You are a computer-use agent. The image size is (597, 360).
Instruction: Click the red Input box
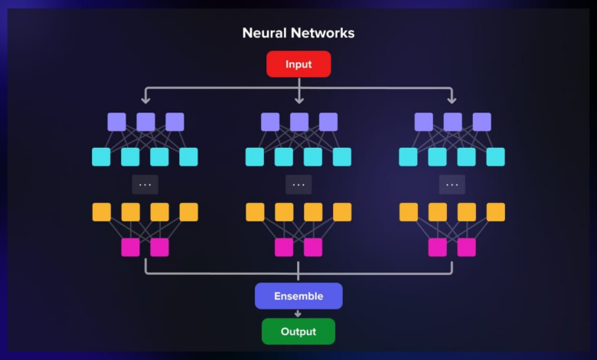[x=298, y=64]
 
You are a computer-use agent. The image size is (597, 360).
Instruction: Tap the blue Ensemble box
[x=298, y=296]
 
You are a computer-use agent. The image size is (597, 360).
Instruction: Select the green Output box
[x=298, y=332]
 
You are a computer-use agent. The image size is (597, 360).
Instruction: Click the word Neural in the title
[x=264, y=33]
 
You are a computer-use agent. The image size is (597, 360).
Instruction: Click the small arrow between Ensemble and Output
[x=298, y=313]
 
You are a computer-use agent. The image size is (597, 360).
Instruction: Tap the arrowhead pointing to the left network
[x=145, y=100]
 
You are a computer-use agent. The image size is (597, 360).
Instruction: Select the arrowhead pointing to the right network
[x=452, y=100]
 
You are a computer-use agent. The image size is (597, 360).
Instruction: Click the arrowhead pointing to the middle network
[x=299, y=100]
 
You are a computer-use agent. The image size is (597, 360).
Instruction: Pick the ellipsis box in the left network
[x=145, y=185]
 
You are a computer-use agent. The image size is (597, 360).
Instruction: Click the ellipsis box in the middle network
[x=298, y=185]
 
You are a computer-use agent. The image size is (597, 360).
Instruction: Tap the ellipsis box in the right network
[x=452, y=185]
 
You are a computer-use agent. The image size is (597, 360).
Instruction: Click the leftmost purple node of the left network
[x=116, y=122]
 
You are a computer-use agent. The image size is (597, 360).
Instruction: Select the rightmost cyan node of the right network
[x=496, y=157]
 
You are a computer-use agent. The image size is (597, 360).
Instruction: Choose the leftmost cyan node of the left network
[x=101, y=157]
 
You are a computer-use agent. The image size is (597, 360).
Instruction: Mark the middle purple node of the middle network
[x=299, y=122]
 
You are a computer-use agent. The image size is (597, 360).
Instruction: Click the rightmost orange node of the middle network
[x=342, y=212]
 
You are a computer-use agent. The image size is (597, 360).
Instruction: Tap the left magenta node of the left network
[x=131, y=247]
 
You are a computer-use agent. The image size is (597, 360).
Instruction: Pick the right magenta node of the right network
[x=467, y=247]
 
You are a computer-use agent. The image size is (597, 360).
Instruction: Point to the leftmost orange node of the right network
[x=409, y=212]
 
